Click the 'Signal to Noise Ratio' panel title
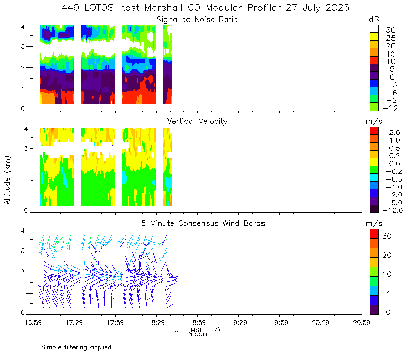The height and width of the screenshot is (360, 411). [x=197, y=20]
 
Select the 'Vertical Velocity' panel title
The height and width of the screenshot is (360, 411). [x=197, y=121]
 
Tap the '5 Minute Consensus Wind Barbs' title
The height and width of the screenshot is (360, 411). [x=203, y=223]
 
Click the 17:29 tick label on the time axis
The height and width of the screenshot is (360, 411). [x=74, y=322]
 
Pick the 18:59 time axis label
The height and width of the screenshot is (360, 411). [x=197, y=322]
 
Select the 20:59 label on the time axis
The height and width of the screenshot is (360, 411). [x=362, y=322]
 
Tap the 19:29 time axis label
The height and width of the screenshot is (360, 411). [x=238, y=322]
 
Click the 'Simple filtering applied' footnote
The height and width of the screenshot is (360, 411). [x=76, y=347]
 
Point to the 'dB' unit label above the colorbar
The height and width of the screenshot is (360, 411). [x=374, y=20]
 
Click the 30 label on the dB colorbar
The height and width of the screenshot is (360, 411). [x=390, y=30]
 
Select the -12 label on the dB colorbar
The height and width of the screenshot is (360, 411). [x=390, y=108]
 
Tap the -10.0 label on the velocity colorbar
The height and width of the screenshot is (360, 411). [x=393, y=210]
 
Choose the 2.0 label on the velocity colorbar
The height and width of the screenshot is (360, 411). [x=395, y=133]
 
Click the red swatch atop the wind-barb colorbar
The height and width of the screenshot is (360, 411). [x=374, y=234]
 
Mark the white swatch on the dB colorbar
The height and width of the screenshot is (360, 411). [x=374, y=29]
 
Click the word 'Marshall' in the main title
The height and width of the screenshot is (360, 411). [x=163, y=8]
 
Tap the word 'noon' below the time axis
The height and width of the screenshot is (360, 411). [x=199, y=334]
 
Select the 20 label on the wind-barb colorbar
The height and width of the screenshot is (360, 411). [x=387, y=255]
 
